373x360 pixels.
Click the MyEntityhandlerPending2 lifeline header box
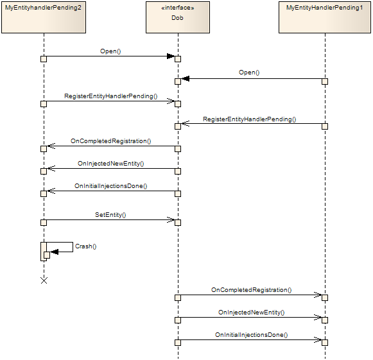tap(44, 17)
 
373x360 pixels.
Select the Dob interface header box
tap(178, 17)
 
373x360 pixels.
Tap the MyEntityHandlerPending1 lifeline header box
tap(324, 17)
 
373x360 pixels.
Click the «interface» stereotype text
tap(178, 8)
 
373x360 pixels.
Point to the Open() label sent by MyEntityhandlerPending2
tap(110, 51)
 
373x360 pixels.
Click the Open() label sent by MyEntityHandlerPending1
tap(249, 73)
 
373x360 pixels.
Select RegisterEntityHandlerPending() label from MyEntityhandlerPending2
tap(110, 96)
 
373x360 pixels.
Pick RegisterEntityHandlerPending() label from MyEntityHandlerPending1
tap(249, 119)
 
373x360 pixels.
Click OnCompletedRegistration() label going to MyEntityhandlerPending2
tap(110, 141)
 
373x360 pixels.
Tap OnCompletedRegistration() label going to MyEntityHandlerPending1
tap(251, 290)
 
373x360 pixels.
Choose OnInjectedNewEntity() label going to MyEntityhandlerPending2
tap(110, 164)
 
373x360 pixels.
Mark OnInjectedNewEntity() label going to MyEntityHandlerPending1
tap(251, 313)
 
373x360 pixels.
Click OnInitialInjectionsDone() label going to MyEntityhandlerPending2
tap(110, 186)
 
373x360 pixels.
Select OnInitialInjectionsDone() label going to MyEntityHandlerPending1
tap(251, 334)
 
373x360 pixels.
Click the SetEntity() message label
tap(110, 215)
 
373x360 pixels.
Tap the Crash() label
tap(85, 246)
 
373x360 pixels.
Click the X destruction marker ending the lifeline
tap(44, 280)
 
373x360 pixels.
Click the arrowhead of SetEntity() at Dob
tap(171, 219)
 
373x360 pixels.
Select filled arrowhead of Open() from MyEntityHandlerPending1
tap(186, 78)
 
